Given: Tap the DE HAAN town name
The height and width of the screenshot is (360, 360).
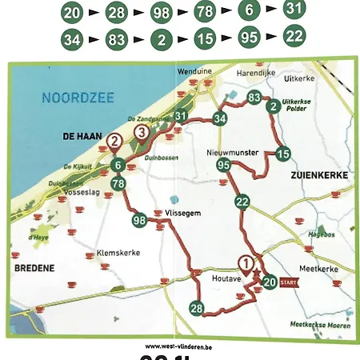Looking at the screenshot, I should pos(79,138).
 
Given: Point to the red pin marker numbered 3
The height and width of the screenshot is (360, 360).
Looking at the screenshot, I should pos(142,132).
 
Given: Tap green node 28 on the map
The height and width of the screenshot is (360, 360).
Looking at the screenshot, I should pos(197,308).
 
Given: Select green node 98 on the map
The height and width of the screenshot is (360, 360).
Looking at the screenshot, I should pos(140,220).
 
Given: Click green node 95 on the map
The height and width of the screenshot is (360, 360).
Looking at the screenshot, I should pos(223,165).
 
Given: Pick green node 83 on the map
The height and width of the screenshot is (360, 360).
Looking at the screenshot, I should pos(254,98).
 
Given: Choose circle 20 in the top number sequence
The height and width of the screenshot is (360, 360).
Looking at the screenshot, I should pos(71,12).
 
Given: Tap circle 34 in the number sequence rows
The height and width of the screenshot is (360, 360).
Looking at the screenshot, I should pos(71,38).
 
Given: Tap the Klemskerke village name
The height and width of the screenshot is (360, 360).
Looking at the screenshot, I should pos(118,252).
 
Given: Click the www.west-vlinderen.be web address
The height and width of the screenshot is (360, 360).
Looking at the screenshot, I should pos(178,346).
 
